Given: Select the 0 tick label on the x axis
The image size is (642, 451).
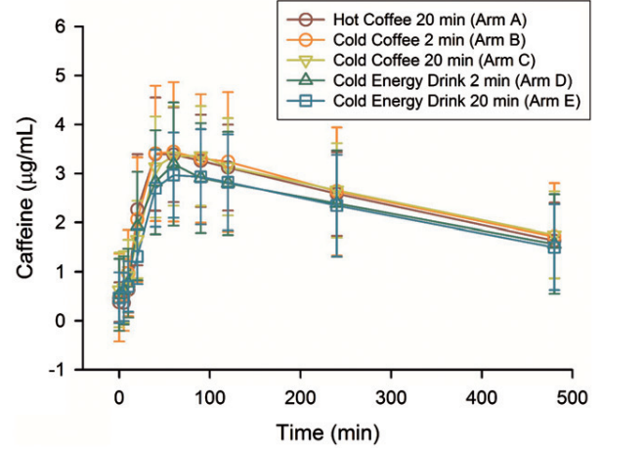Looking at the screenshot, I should [119, 399].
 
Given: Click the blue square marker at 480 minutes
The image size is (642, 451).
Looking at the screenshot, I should [554, 247].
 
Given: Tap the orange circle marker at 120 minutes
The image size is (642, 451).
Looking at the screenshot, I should [228, 162].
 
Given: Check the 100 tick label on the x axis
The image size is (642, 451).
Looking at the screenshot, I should [209, 399].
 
